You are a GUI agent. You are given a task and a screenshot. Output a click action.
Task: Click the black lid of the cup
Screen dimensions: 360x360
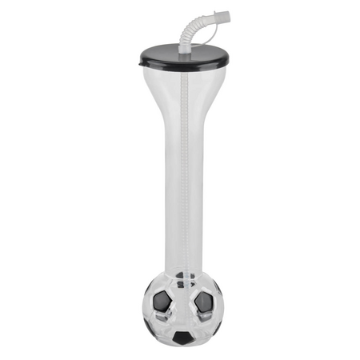tap(160, 56)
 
